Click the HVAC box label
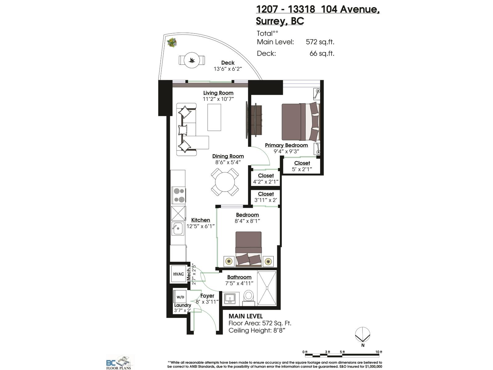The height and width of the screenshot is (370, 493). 178,274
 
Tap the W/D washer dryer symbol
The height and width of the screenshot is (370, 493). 180,297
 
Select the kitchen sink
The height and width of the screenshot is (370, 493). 177,228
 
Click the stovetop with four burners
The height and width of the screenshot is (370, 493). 179,195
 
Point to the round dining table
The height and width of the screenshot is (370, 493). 225,182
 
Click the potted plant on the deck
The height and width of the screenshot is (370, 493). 172,42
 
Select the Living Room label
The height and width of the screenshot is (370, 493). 218,93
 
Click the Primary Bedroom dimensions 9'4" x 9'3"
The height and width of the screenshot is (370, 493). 286,151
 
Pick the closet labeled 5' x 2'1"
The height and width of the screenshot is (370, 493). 302,166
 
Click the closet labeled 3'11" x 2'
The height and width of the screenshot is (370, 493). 266,197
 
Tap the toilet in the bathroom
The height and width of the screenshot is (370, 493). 248,296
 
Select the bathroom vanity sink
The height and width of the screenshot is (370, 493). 230,298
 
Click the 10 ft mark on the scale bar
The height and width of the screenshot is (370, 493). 379,352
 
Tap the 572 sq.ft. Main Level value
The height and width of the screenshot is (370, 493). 320,42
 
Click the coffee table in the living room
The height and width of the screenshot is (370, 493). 214,117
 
